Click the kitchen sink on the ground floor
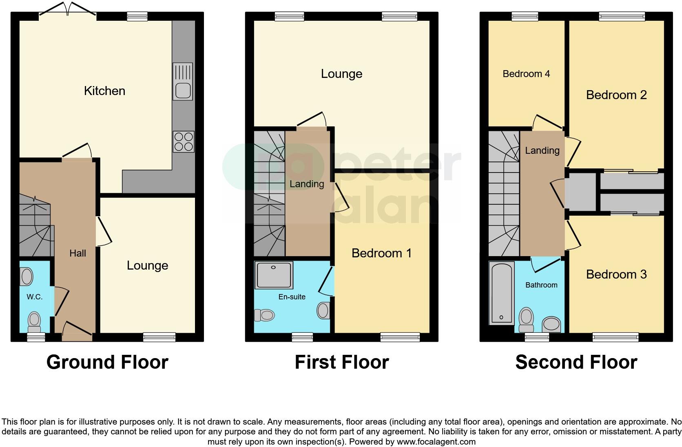pos(183,82)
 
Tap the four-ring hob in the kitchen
pos(183,142)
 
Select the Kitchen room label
pos(104,91)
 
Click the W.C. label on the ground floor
pos(35,297)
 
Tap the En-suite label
pos(292,297)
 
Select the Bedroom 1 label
pos(381,253)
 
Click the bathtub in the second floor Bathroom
pos(501,293)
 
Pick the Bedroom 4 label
pos(526,74)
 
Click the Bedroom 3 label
pos(616,274)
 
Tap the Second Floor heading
pos(576,362)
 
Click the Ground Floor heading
pos(107,362)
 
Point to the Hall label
pos(77,253)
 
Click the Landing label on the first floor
pos(307,184)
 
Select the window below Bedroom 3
pos(615,337)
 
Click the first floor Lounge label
pos(341,74)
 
